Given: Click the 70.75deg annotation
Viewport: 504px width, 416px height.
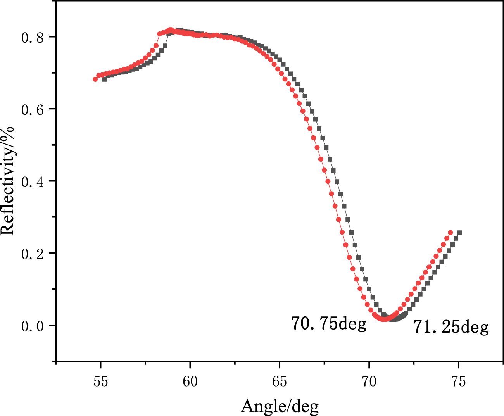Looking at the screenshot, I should tap(329, 323).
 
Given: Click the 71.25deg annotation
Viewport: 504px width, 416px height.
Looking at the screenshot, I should tap(451, 327).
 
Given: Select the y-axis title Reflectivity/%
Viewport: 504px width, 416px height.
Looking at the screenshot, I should tap(7, 181).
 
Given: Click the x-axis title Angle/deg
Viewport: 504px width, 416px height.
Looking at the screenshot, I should tap(280, 406).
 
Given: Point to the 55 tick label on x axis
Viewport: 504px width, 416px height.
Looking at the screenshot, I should tap(100, 382).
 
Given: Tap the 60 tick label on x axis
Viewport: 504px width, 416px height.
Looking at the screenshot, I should tap(190, 382).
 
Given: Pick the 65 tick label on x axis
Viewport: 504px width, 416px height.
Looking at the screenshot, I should tap(280, 382).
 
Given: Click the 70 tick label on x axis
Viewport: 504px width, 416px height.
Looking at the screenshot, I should tap(369, 382).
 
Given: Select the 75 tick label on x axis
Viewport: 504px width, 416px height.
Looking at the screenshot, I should tap(459, 382).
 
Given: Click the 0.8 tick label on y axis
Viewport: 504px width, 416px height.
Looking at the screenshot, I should tap(33, 38).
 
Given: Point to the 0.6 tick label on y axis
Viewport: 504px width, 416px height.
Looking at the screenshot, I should tap(33, 110).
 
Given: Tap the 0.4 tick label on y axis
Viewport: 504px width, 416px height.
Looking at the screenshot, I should tap(33, 182).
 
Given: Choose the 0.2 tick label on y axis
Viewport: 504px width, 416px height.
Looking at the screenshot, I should tap(33, 254).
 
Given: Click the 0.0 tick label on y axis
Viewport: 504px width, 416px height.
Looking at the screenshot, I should tap(33, 326).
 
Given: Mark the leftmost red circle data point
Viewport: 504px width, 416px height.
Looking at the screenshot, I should tap(95, 79).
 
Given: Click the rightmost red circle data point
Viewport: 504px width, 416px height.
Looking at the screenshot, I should tap(450, 233).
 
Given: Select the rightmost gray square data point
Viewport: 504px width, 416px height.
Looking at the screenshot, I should tap(459, 233).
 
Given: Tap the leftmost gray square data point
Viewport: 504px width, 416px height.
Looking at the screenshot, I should tap(104, 79).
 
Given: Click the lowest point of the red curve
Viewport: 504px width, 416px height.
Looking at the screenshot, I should tap(384, 319).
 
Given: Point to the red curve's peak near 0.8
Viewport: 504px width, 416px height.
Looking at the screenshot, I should tap(170, 30).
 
